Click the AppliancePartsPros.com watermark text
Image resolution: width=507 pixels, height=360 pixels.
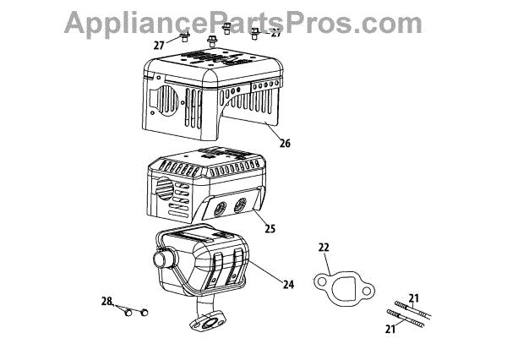253,20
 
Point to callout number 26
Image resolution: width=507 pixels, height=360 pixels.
285,144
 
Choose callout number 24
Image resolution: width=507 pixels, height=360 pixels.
287,285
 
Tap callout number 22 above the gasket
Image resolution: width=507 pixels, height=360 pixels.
323,248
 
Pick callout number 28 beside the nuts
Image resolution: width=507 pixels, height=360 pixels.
106,302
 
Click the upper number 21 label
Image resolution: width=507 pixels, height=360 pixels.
413,297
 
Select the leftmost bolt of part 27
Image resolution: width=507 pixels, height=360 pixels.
183,38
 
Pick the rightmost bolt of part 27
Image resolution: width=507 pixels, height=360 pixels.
254,33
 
